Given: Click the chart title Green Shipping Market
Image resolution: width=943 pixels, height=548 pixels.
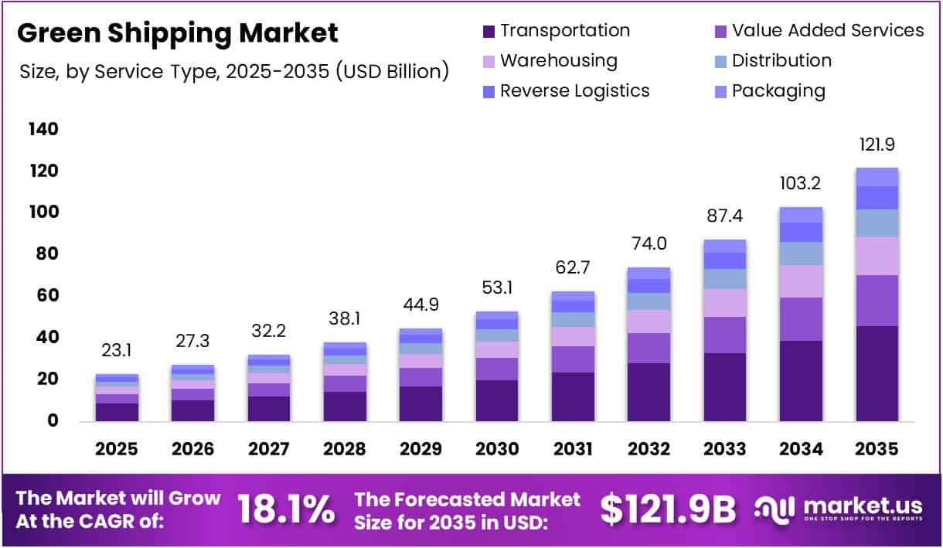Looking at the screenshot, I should pos(178,33).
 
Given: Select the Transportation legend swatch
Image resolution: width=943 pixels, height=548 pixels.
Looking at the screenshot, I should pos(489,32).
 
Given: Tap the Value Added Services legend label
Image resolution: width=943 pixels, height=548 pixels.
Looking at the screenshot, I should pos(828,31).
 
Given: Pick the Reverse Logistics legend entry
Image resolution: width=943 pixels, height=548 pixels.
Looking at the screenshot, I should pos(574,91).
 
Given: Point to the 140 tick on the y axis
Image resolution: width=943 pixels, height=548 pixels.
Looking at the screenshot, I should pos(43,129).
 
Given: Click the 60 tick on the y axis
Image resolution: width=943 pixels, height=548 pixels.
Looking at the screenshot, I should pos(43,296).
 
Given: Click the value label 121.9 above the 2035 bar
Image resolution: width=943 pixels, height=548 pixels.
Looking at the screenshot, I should pos(877,145).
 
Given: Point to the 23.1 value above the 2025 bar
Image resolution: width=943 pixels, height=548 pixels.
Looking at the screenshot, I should pos(117,351).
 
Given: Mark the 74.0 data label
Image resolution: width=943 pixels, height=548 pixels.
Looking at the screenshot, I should pos(649,244).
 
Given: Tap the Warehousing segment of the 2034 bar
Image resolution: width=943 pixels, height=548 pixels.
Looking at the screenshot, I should pos(801,281).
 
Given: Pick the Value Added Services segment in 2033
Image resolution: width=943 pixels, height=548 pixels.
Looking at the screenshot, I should pos(724,335).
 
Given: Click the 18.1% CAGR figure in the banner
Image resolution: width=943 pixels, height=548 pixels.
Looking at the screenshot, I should pos(285,510).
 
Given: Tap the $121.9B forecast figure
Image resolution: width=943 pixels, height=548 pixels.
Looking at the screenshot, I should pos(667,510).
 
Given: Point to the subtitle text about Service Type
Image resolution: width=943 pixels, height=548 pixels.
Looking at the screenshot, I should pos(233,72).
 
